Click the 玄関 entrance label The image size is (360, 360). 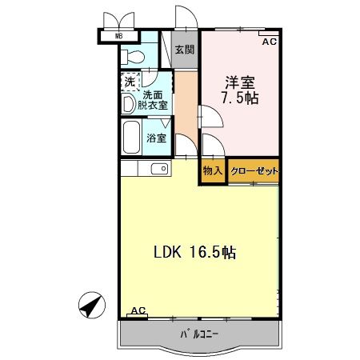coord(185,50)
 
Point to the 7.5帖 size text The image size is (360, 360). coord(241,98)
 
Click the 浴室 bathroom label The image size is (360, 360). coord(156,138)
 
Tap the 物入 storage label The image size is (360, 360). coord(212,171)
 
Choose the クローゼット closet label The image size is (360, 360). coord(254,171)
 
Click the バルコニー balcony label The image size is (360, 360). coord(195,334)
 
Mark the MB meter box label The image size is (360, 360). coord(118,35)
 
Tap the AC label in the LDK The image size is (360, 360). coord(138,310)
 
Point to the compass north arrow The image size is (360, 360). coord(93,304)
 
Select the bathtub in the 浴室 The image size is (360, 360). coord(130,138)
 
